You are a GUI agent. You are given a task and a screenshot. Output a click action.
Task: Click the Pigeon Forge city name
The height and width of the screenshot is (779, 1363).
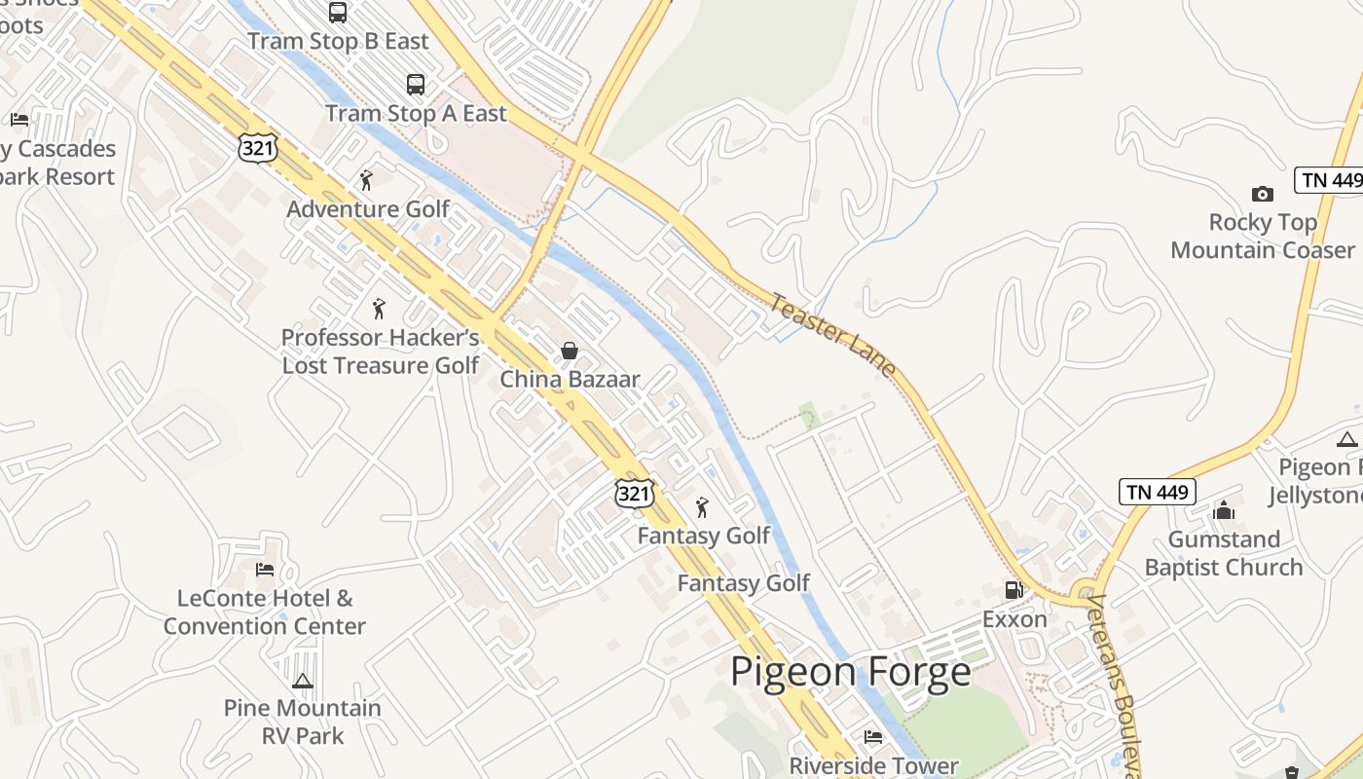850,672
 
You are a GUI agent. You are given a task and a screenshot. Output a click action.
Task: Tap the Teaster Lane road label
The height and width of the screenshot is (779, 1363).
832,334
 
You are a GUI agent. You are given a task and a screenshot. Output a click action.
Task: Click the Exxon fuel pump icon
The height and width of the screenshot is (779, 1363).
1013,589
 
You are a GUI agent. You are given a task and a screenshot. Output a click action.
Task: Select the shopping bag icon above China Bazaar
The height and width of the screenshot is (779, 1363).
570,351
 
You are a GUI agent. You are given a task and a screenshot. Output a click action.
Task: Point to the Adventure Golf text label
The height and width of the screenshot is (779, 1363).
368,209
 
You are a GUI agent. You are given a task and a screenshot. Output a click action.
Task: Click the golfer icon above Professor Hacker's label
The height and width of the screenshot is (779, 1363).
379,309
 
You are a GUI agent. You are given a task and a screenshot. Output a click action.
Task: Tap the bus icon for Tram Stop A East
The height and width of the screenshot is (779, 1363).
416,85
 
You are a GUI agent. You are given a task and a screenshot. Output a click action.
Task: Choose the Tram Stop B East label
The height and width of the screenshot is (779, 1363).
338,42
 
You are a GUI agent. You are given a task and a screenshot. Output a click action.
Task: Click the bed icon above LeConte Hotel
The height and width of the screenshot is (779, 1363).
264,570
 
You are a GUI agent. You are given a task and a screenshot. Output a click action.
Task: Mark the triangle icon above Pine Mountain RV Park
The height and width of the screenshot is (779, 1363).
302,681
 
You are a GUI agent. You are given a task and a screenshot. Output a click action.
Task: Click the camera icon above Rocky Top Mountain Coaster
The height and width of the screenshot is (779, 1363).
1262,194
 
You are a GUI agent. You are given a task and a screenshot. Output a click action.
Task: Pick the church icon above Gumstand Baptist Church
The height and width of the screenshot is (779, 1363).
1224,510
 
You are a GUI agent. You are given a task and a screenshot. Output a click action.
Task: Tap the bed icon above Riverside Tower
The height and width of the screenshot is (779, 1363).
873,737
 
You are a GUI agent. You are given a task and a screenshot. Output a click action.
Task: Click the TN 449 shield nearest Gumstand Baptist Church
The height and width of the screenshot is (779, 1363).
1157,492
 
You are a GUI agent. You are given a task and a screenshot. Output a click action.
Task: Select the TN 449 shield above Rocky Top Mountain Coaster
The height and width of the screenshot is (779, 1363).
1329,180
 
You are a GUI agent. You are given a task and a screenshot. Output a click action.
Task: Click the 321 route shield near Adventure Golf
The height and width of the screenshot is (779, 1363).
257,147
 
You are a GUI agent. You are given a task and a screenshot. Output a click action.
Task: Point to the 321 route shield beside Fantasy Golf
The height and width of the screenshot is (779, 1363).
634,494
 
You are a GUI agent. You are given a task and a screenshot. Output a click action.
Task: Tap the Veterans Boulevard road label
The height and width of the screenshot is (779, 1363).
1117,682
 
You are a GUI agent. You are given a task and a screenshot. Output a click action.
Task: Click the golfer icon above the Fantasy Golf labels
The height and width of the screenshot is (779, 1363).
702,507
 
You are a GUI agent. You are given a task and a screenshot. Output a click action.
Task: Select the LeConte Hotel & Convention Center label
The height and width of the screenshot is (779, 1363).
265,612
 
